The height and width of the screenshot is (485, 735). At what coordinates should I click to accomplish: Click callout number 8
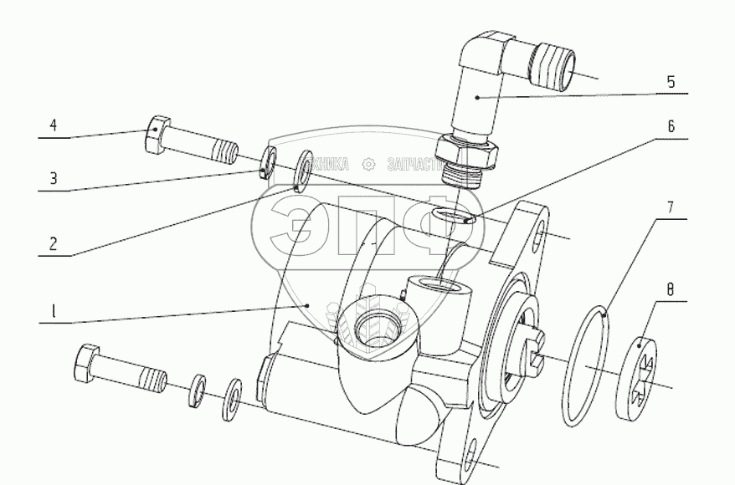[670, 291]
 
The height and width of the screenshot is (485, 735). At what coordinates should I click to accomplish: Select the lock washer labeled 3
[269, 162]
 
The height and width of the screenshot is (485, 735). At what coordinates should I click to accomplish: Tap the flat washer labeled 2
[302, 171]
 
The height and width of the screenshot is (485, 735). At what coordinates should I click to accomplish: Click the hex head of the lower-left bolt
[87, 365]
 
